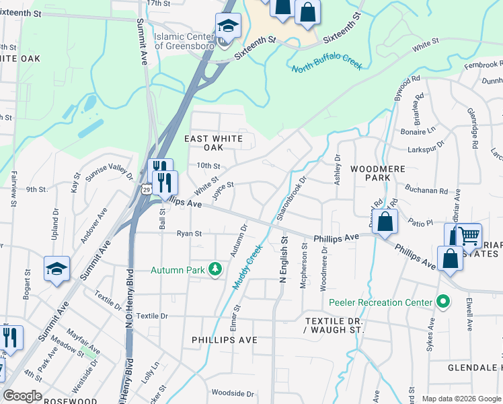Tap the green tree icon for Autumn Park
tap(215, 270)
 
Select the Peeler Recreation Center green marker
tap(442, 302)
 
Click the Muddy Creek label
tap(247, 267)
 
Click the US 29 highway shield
tap(146, 190)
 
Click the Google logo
tap(22, 396)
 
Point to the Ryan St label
tap(189, 234)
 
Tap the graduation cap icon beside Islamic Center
tap(228, 28)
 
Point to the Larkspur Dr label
tap(431, 144)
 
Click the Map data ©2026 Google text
tap(461, 399)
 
